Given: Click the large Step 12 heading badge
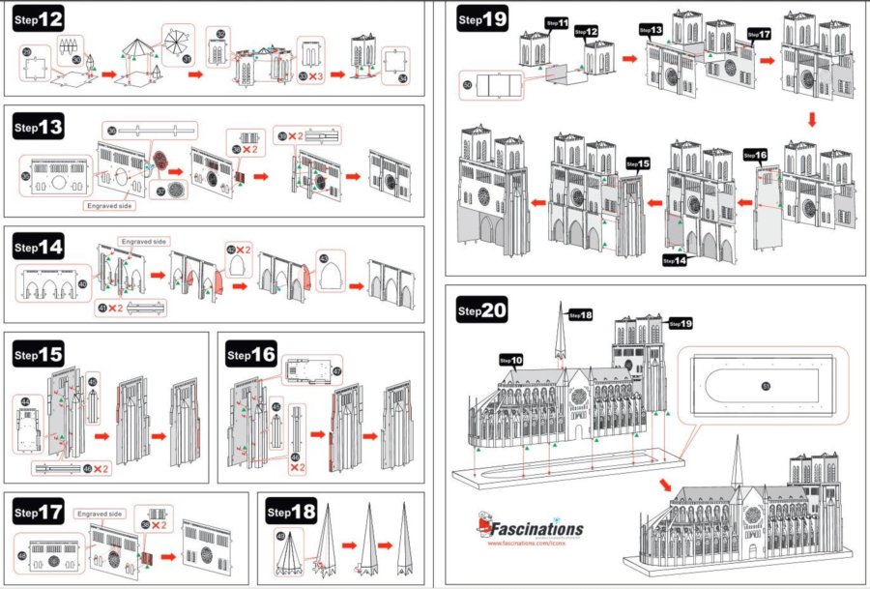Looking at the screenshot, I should coord(40,20).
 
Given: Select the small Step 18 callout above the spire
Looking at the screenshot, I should coord(581,314).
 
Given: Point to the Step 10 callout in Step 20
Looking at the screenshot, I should coord(511,361).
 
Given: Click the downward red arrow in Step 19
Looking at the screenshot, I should coord(812,120).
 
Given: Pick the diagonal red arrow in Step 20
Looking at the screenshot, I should coord(667,483).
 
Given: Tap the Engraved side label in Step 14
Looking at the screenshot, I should coord(143,240).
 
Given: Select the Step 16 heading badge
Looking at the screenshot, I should coord(252,356).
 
